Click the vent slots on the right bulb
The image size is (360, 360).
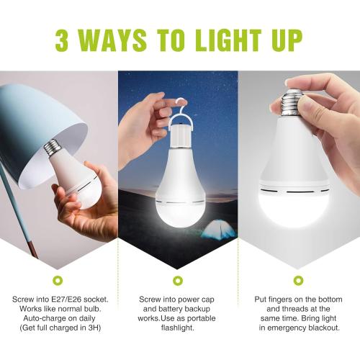click(x=296, y=192)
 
